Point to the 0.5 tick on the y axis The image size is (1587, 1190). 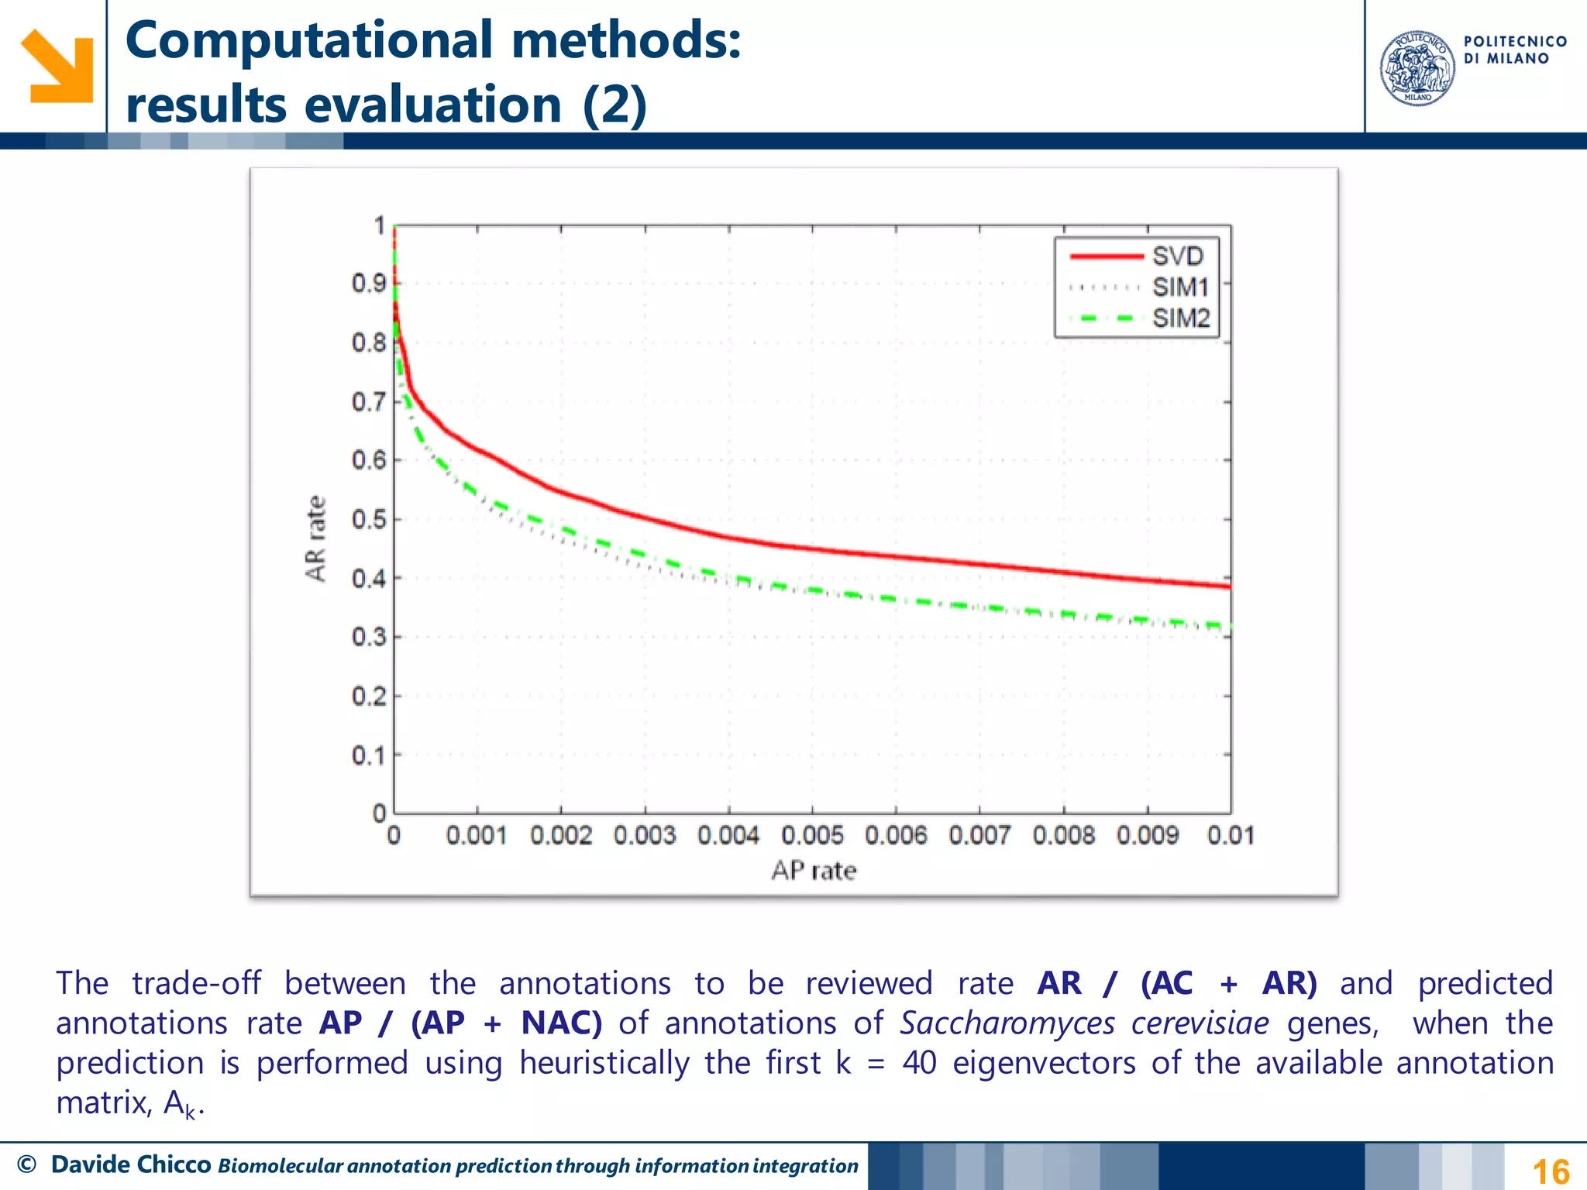point(368,519)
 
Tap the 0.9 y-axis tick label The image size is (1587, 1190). point(368,284)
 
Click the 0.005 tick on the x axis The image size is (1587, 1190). point(812,836)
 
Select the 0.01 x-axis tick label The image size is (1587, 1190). point(1230,836)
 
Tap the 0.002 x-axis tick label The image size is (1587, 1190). point(561,836)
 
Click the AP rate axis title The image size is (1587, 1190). point(814,871)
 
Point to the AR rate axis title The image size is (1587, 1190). point(315,538)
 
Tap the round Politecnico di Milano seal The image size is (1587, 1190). point(1417,68)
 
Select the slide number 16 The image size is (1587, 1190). point(1551,1171)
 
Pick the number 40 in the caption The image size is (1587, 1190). point(919,1063)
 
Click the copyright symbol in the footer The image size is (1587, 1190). point(26,1164)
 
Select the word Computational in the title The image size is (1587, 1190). point(308,40)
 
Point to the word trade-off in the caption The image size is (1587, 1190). point(196,983)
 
